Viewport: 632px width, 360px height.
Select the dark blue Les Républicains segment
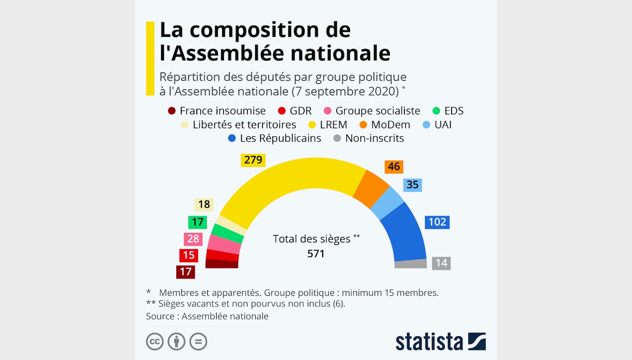coord(405,233)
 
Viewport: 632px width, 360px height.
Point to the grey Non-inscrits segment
coord(411,264)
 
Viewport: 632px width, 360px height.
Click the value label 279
coord(253,160)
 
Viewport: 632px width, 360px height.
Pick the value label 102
coord(437,222)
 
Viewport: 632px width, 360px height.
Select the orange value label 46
coord(393,167)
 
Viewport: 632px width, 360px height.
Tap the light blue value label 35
coord(412,185)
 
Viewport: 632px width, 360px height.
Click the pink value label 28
coord(193,239)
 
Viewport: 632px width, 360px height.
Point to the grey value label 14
coord(441,263)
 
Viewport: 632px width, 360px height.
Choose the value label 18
coord(204,205)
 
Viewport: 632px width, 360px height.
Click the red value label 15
coord(188,255)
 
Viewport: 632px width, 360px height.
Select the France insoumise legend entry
coord(217,111)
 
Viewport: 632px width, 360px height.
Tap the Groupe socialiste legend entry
coord(372,111)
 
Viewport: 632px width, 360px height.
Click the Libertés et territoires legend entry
coord(239,125)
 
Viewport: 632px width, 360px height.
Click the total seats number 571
coord(316,253)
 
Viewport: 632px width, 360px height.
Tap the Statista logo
coord(440,342)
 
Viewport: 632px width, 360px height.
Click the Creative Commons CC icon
coord(155,342)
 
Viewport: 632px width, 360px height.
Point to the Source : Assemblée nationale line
coord(207,316)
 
